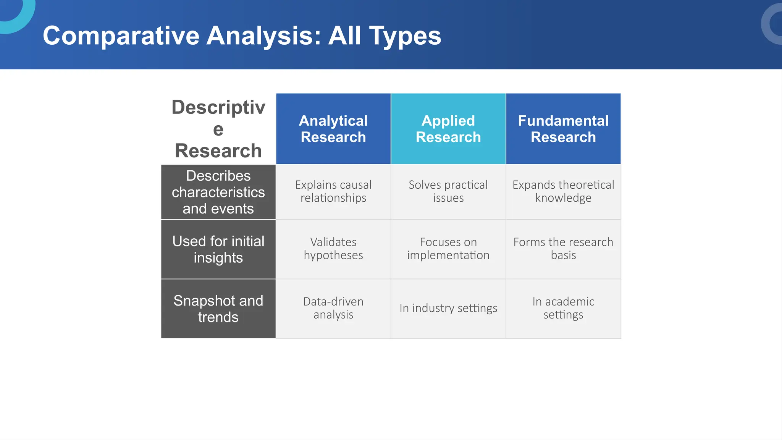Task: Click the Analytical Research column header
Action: point(333,129)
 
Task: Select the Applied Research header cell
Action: point(448,129)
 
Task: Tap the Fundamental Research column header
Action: point(563,129)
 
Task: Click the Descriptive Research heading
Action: point(218,129)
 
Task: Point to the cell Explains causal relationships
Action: point(333,191)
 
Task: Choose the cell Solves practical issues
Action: point(448,191)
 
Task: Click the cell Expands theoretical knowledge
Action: point(563,191)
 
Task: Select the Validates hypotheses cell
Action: point(333,249)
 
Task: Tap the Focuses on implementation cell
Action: point(448,249)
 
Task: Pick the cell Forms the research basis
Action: point(563,249)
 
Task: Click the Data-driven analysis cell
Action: point(333,308)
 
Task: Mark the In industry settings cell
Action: point(448,308)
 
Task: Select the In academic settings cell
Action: point(563,308)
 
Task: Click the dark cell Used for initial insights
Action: point(218,249)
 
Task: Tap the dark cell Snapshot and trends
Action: point(218,309)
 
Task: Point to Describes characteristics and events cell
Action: point(218,192)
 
